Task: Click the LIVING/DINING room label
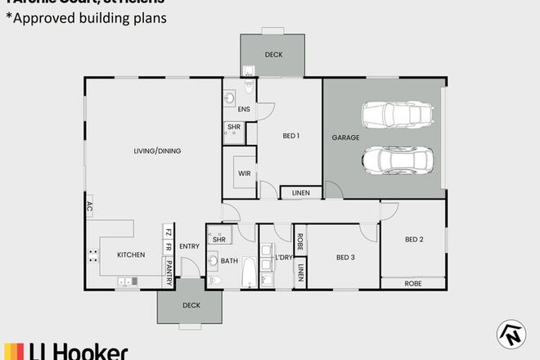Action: pyautogui.click(x=158, y=151)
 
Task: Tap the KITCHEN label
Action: pyautogui.click(x=131, y=255)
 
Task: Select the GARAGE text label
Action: pyautogui.click(x=345, y=138)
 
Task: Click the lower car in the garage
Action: pyautogui.click(x=396, y=160)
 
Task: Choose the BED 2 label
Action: pyautogui.click(x=414, y=240)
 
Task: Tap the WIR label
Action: pyautogui.click(x=244, y=174)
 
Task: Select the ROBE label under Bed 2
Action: pyautogui.click(x=413, y=283)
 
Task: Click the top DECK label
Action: pyautogui.click(x=273, y=56)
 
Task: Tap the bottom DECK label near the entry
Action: pyautogui.click(x=190, y=306)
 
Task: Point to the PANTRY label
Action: pyautogui.click(x=169, y=270)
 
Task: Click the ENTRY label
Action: pyautogui.click(x=189, y=246)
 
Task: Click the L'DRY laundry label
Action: pyautogui.click(x=284, y=258)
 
